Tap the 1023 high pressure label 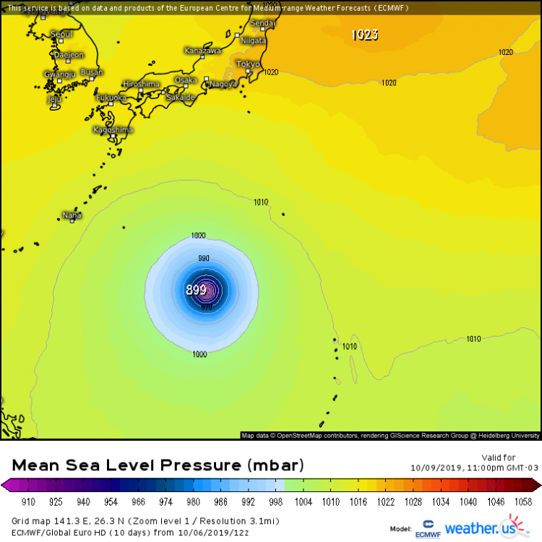(364, 35)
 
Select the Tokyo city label (248, 64)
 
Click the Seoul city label (61, 35)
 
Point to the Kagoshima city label (113, 130)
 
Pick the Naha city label (72, 215)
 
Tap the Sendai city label (262, 23)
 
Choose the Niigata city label (252, 41)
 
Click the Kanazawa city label (202, 51)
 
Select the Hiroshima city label (141, 84)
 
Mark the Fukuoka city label (111, 97)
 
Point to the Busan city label (92, 72)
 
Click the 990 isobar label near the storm (204, 258)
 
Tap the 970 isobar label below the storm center (207, 307)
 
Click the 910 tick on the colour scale (29, 501)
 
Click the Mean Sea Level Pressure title (158, 464)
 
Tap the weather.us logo (482, 527)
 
